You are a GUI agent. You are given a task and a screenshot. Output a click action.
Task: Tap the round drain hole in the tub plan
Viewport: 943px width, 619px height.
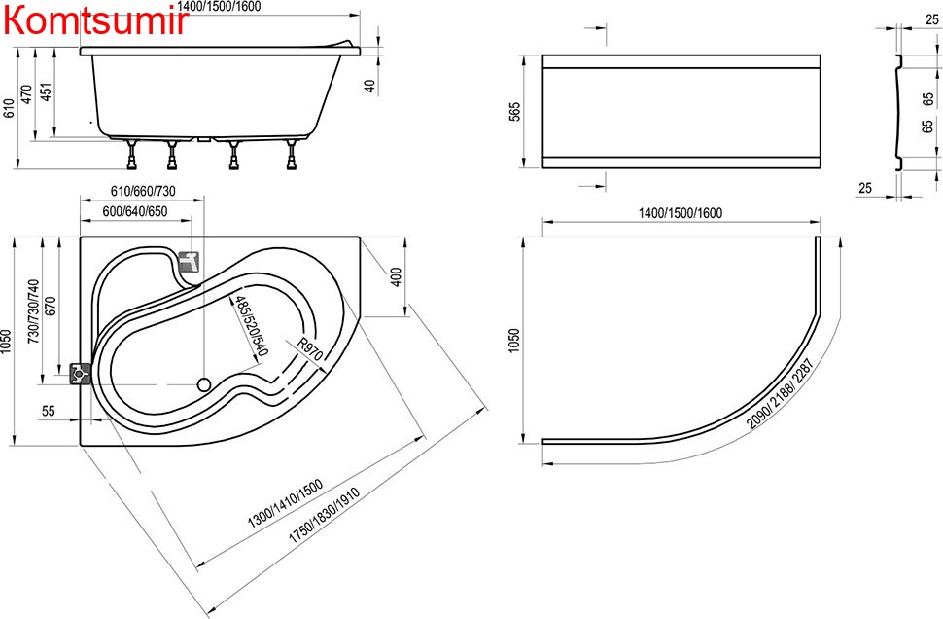(x=204, y=383)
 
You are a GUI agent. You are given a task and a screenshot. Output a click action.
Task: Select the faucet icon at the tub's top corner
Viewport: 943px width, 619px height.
(x=189, y=262)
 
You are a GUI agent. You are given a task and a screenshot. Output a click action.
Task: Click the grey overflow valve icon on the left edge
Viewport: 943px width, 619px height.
(x=80, y=374)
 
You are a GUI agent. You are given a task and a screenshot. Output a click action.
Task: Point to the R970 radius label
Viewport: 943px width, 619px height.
(x=310, y=349)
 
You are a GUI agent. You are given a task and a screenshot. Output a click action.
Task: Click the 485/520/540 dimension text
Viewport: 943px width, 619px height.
(x=251, y=326)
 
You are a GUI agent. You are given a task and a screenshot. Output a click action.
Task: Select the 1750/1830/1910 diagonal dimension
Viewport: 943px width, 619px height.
(x=324, y=516)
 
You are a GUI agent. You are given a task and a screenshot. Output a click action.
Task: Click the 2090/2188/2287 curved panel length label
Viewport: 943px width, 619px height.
(x=780, y=394)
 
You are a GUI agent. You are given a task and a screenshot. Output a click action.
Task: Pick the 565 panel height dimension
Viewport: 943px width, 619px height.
(x=515, y=111)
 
